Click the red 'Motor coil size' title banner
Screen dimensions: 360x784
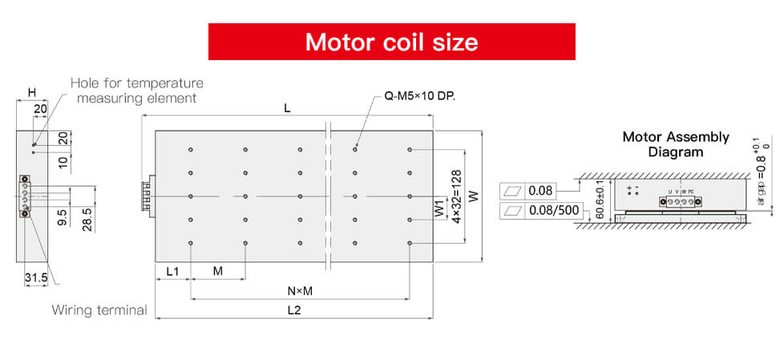pos(391,42)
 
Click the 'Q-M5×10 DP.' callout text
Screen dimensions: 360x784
pos(420,96)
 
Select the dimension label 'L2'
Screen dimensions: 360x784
pos(293,311)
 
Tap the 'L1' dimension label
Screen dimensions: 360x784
pos(172,271)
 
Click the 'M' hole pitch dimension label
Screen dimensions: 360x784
pos(218,271)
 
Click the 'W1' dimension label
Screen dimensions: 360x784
pos(438,208)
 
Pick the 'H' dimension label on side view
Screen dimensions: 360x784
pos(32,93)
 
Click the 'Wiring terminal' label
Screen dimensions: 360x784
pos(99,310)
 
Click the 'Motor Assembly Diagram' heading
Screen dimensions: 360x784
pos(676,144)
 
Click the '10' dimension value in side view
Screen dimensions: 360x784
pos(63,161)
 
